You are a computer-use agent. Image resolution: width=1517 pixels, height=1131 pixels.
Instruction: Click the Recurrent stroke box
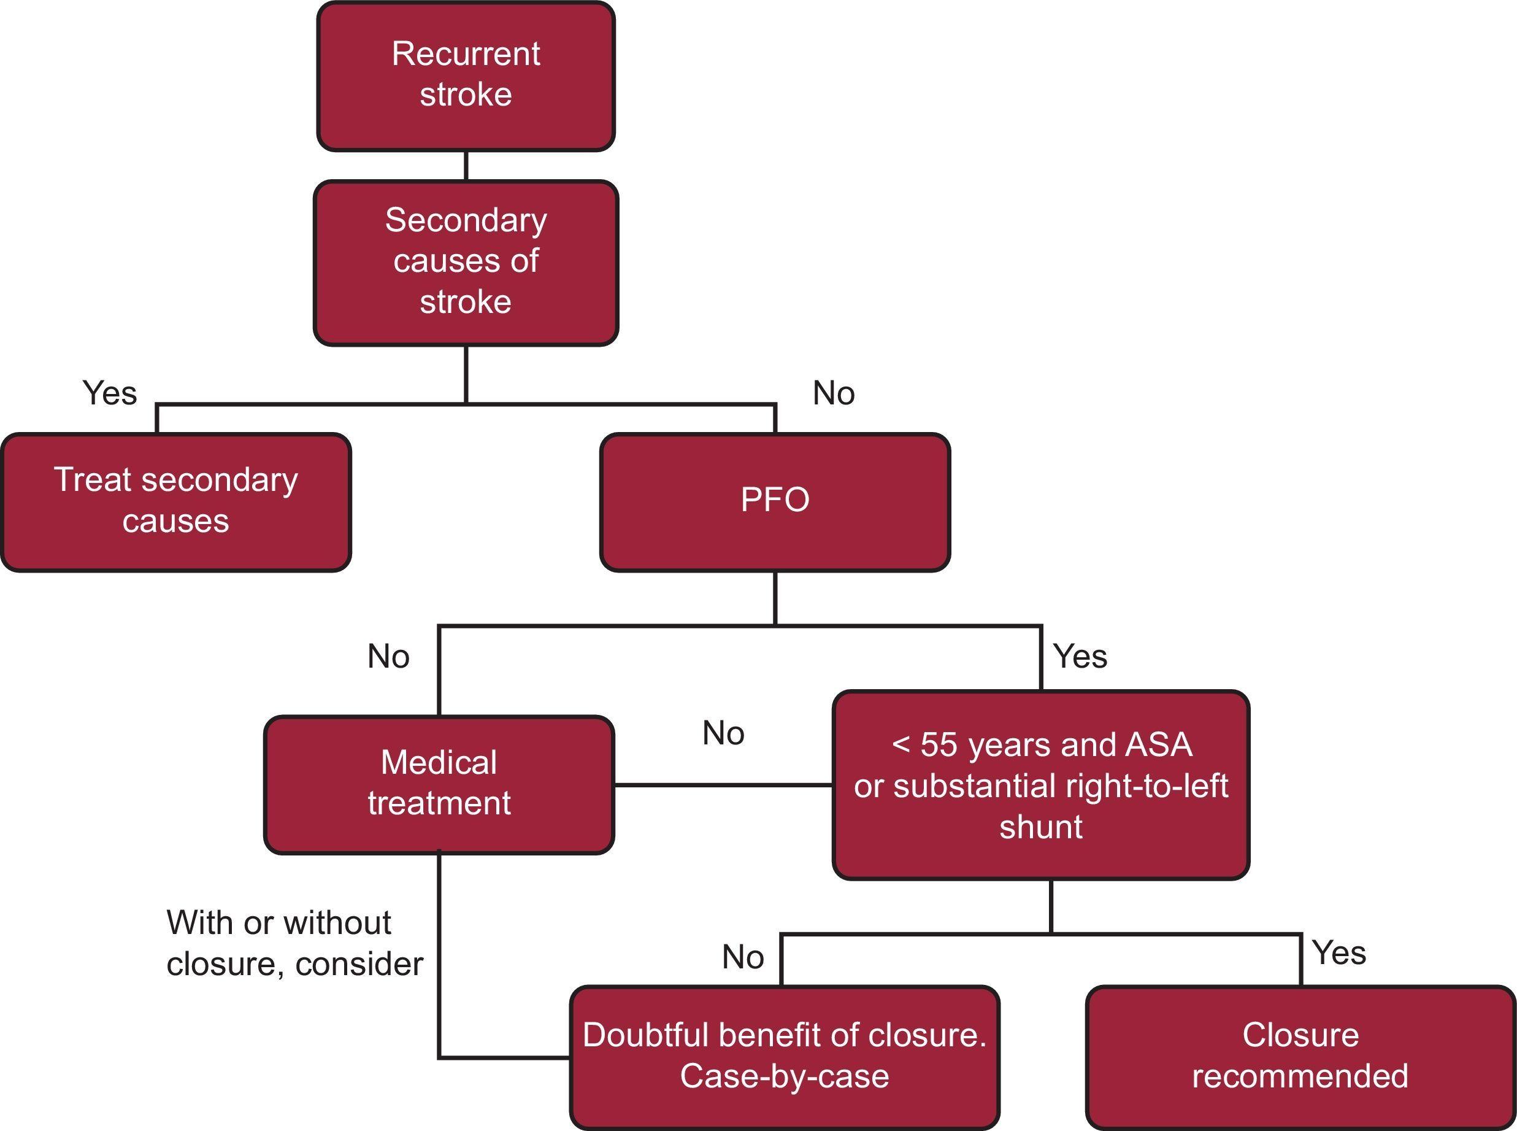coord(466,75)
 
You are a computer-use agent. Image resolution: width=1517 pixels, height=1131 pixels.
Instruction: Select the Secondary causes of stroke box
coord(466,262)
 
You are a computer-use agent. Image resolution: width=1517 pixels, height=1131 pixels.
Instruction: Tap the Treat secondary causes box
coord(176,502)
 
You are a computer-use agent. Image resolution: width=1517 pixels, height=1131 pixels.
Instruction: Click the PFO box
coord(775,502)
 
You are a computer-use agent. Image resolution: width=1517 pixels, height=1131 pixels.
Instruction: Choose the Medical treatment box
coord(439,784)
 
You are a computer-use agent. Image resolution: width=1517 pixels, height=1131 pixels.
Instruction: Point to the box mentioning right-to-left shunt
coord(1041,786)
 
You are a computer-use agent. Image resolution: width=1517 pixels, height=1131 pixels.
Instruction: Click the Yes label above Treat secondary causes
coord(109,393)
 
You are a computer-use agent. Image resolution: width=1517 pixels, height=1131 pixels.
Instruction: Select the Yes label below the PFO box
coord(1080,657)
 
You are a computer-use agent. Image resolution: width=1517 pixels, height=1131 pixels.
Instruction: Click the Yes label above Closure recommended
coord(1339,953)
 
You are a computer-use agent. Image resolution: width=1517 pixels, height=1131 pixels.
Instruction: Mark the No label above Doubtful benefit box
coord(742,957)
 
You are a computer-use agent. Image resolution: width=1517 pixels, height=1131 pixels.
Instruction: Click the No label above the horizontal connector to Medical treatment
coord(723,733)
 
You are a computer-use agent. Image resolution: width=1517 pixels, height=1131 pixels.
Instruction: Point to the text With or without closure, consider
coord(294,943)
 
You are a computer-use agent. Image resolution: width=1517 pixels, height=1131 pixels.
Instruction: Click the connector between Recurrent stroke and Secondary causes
coord(466,165)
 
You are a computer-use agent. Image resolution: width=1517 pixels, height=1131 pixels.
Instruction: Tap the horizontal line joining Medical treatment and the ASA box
coord(723,786)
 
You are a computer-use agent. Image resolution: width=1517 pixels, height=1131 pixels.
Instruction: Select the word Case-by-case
coord(784,1076)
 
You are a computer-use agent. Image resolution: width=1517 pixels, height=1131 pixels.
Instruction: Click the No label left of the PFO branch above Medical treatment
coord(388,657)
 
